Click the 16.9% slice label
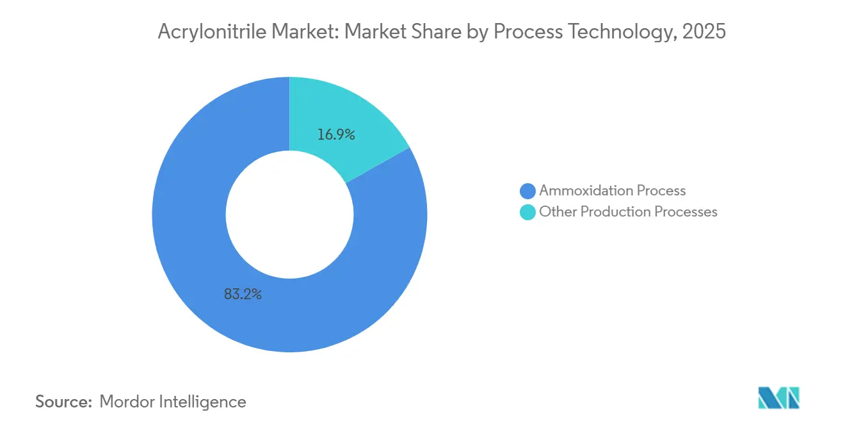pos(336,135)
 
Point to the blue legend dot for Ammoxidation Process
pos(527,191)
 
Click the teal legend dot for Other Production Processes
pos(527,212)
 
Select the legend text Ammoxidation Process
pos(612,191)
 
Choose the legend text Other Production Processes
pos(628,212)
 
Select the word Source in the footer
pos(63,402)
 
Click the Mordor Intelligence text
pos(173,402)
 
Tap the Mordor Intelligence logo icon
pos(778,398)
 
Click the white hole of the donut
pos(289,215)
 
